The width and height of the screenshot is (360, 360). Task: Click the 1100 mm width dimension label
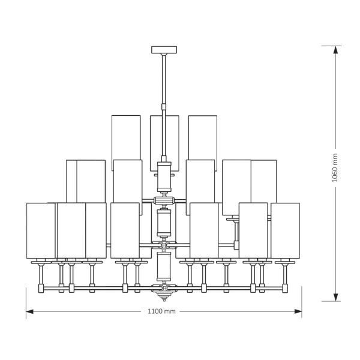click(161, 311)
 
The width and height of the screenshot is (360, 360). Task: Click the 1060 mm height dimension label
click(335, 168)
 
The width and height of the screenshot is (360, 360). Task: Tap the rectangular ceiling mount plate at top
click(164, 50)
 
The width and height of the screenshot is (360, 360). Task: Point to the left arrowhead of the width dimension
click(29, 311)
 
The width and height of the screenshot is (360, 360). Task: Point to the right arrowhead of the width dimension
click(298, 311)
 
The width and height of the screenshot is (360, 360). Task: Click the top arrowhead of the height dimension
click(335, 50)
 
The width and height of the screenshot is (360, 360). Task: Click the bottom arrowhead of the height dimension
click(335, 298)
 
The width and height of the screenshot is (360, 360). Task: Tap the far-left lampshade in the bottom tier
click(41, 230)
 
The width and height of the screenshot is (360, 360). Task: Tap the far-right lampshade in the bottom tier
click(286, 230)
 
